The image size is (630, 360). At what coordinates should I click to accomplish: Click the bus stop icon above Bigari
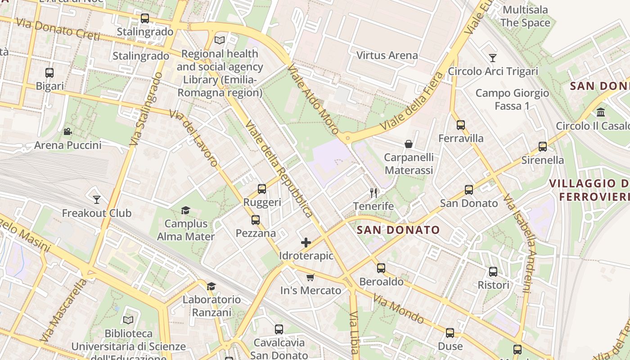49,72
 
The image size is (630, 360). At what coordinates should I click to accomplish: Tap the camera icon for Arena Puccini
67,131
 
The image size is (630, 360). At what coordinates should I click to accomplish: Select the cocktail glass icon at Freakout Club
96,199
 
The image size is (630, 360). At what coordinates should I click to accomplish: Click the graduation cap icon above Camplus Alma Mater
185,210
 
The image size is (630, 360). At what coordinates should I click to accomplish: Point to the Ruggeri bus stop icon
262,189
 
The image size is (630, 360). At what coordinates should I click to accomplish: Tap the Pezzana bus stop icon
256,220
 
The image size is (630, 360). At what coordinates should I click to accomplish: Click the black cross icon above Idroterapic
306,243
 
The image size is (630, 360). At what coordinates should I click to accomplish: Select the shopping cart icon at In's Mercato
310,277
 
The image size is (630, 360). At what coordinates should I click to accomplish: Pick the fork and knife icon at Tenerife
373,193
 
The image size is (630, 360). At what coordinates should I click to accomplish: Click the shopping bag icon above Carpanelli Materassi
409,144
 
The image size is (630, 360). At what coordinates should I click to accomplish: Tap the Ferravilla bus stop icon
460,125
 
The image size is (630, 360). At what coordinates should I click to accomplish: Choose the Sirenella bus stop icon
543,147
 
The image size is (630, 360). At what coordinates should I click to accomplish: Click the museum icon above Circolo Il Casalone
601,112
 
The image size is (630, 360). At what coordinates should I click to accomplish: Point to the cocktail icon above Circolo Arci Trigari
493,58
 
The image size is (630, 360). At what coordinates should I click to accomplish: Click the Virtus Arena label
387,55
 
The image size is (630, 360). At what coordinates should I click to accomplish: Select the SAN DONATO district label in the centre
398,230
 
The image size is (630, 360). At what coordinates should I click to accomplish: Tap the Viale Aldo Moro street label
313,99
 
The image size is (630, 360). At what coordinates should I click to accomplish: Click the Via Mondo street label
399,309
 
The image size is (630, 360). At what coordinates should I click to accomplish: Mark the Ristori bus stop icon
493,272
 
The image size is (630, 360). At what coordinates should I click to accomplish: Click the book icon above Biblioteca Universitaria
128,320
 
